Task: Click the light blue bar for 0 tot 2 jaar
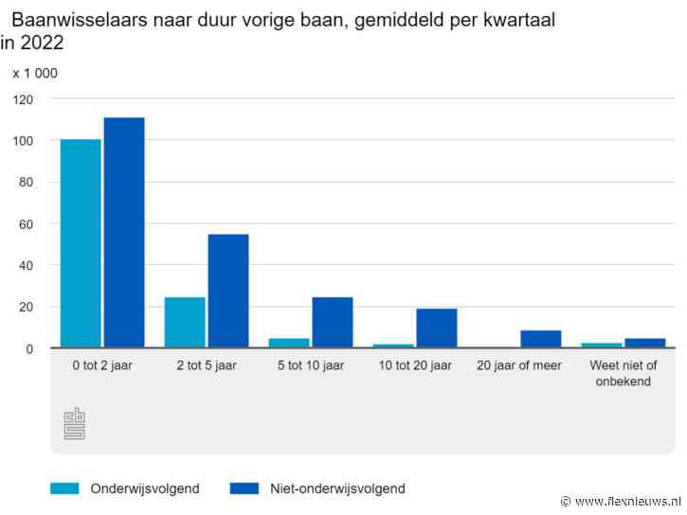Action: click(x=81, y=244)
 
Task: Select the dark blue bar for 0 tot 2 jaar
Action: click(x=124, y=233)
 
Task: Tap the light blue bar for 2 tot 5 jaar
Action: click(x=185, y=323)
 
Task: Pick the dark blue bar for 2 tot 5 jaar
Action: click(x=228, y=292)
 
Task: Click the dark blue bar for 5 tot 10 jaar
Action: click(x=333, y=323)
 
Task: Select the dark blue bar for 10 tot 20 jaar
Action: click(x=436, y=329)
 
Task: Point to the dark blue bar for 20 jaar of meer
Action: click(x=540, y=339)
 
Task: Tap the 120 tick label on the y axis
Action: click(x=23, y=98)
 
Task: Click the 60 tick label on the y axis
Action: click(x=26, y=223)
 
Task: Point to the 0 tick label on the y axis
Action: click(x=29, y=348)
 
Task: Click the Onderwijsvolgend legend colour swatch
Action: click(x=64, y=488)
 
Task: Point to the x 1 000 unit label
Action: click(x=35, y=73)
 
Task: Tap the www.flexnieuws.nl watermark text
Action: click(x=627, y=501)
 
